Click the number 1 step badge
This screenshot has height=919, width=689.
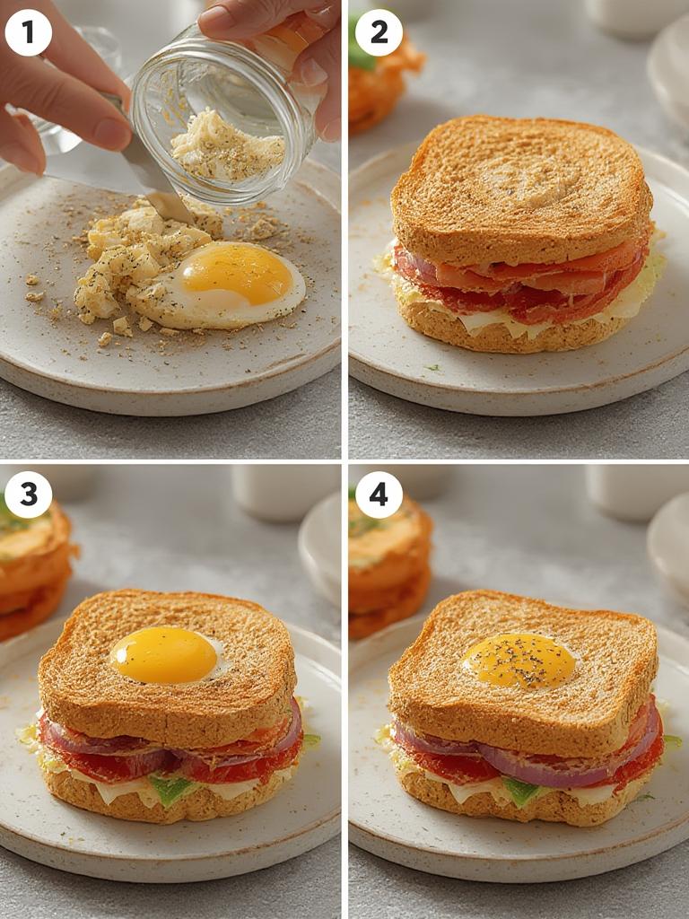(x=28, y=32)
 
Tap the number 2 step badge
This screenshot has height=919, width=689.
(x=379, y=32)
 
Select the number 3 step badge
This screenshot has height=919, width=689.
(x=28, y=495)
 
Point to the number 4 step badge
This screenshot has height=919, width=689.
(x=379, y=495)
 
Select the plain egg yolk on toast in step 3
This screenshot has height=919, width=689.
(x=165, y=655)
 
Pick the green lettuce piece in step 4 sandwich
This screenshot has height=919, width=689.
(x=522, y=791)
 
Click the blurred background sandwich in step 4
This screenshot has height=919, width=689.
(x=388, y=565)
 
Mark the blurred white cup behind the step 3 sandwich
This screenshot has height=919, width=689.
(x=278, y=494)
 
